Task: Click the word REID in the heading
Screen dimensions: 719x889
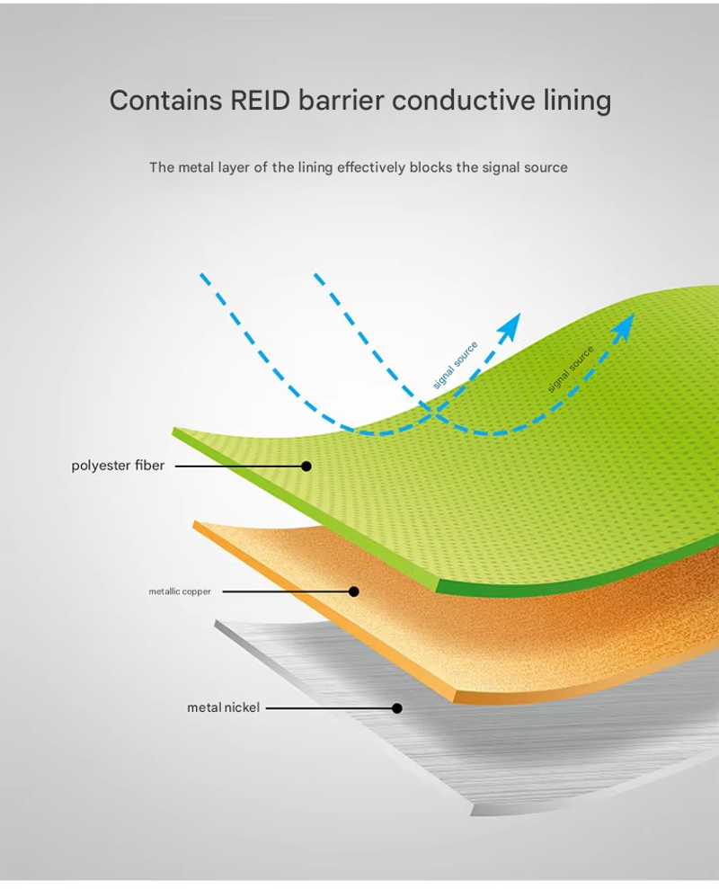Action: (261, 101)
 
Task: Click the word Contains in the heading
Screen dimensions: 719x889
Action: (165, 101)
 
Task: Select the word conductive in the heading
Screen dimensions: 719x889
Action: (463, 100)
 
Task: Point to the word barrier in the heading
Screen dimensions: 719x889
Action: (341, 100)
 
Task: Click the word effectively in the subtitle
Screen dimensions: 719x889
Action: (371, 167)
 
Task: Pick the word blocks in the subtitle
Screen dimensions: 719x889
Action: (431, 167)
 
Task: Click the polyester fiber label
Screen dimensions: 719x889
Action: (118, 466)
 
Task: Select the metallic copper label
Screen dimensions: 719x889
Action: (180, 591)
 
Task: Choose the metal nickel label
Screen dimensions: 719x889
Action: (224, 707)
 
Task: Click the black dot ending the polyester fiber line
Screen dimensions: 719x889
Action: (306, 466)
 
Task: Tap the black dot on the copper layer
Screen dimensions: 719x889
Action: (354, 591)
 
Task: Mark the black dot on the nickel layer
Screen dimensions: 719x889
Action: (397, 708)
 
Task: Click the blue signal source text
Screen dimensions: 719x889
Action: (456, 365)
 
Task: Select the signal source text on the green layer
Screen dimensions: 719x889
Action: (571, 369)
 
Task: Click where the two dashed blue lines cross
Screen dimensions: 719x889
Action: (434, 413)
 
